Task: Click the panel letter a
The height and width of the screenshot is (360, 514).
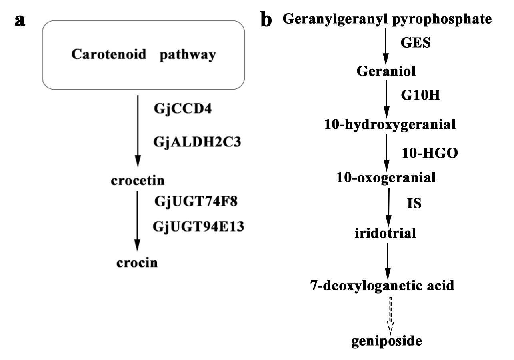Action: tap(20, 21)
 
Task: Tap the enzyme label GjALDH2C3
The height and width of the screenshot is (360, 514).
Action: tap(197, 142)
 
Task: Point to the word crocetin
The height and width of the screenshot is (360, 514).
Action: tap(137, 181)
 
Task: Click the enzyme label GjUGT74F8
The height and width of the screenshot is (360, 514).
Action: tap(196, 201)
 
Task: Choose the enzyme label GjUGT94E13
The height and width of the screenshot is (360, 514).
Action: tap(198, 227)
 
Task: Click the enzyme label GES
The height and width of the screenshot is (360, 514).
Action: tap(416, 43)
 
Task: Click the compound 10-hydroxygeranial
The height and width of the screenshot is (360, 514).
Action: tap(390, 125)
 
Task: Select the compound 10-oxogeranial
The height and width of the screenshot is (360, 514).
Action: tap(386, 177)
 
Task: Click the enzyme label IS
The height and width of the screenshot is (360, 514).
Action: tap(414, 204)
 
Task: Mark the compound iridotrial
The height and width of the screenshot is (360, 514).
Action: tap(386, 232)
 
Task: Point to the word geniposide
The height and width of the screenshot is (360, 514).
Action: tap(386, 341)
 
